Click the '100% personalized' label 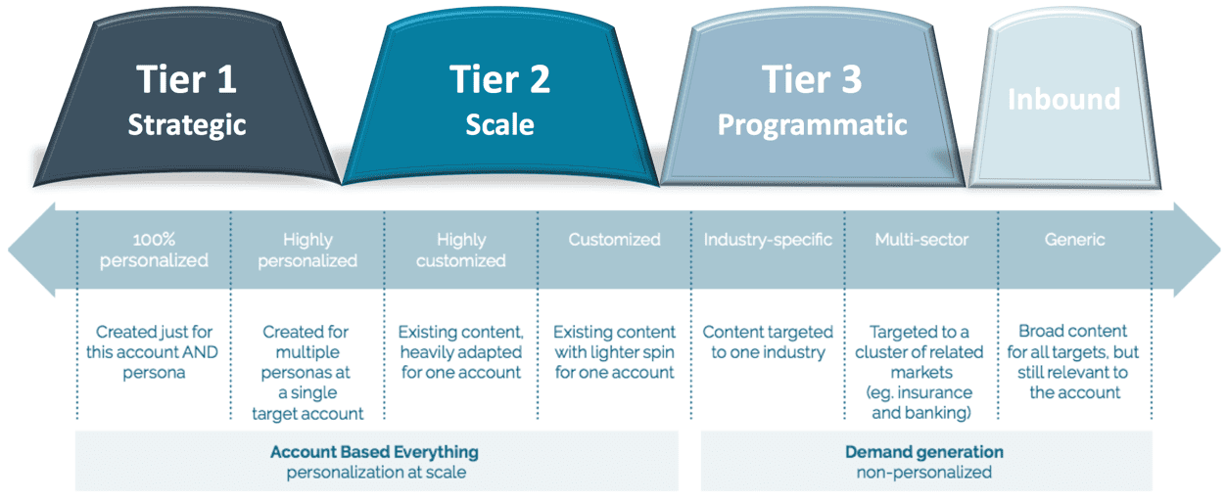point(154,250)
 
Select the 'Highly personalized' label point(307,250)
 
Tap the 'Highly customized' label point(460,250)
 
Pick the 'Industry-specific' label point(768,240)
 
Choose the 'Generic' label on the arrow point(1074,240)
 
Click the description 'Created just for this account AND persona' point(154,352)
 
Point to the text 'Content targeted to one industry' point(768,342)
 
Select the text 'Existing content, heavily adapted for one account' point(460,352)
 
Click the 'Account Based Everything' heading point(375,452)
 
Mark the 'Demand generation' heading point(924,452)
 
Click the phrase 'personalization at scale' point(375,473)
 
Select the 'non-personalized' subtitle point(924,473)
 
